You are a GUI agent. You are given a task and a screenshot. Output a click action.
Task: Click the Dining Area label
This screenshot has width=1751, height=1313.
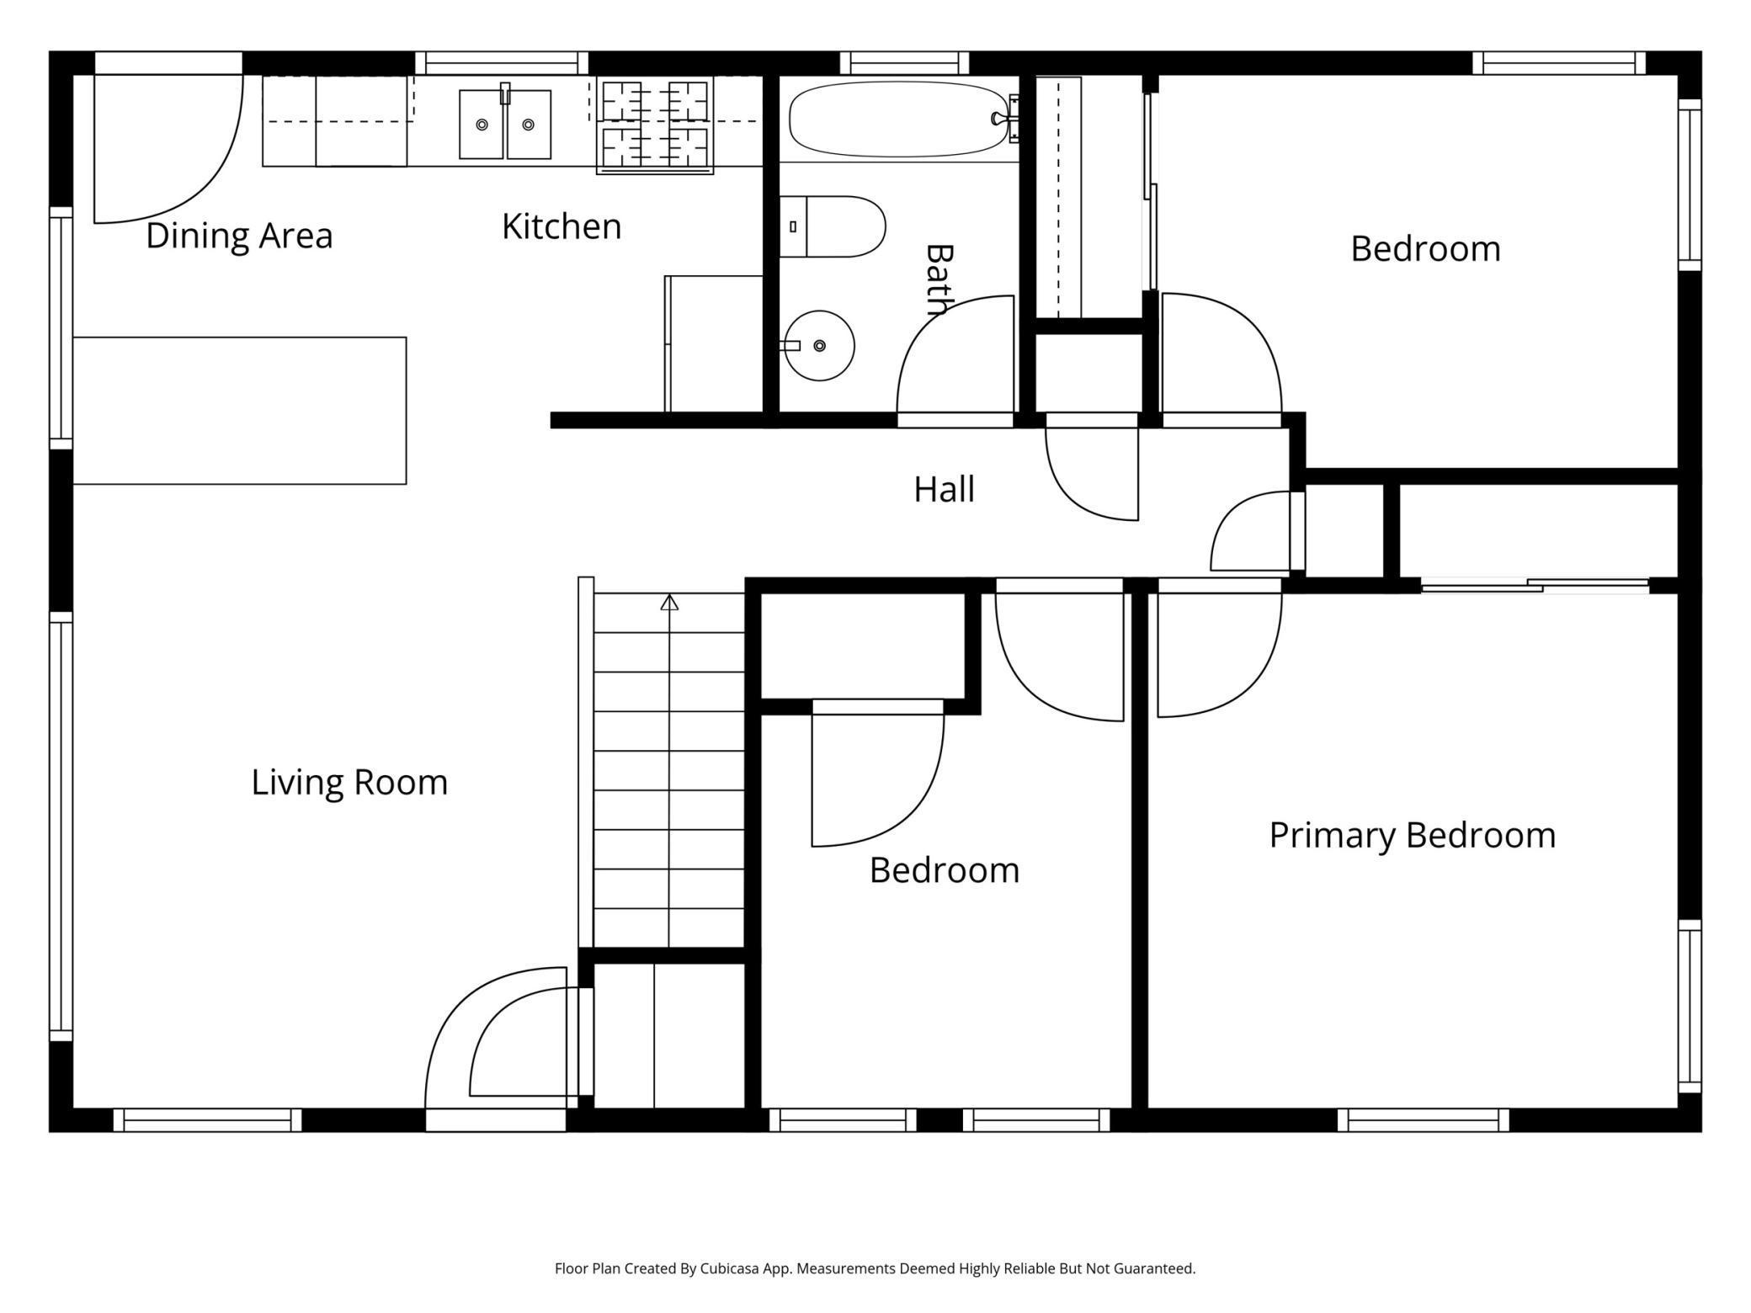[x=239, y=236]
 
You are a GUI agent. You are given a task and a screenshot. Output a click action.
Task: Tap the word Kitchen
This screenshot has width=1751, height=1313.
[x=561, y=226]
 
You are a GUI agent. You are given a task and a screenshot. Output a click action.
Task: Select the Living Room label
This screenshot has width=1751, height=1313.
[x=349, y=783]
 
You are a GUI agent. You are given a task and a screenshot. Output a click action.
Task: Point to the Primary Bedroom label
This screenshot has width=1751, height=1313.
[x=1413, y=836]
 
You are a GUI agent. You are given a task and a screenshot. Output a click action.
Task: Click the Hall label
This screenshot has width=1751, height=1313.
[x=945, y=489]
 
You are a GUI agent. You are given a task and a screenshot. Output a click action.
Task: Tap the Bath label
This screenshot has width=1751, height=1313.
[x=939, y=279]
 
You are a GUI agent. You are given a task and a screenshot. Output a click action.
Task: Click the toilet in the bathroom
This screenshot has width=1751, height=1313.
[x=833, y=226]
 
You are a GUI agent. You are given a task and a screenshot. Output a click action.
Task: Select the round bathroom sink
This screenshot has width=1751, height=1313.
[x=819, y=345]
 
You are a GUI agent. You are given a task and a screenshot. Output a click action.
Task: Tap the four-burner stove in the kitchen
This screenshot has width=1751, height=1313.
[x=655, y=125]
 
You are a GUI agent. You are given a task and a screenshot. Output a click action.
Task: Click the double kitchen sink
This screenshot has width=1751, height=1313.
[x=505, y=124]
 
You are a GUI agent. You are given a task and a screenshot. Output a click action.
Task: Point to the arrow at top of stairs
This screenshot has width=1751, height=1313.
[x=669, y=602]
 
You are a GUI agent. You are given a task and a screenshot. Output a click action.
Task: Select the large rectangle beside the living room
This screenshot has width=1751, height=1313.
[x=240, y=411]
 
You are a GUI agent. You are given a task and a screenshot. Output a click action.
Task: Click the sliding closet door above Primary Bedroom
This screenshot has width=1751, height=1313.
[x=1535, y=585]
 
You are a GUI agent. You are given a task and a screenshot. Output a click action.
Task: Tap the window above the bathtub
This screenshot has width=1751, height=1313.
[x=904, y=63]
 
